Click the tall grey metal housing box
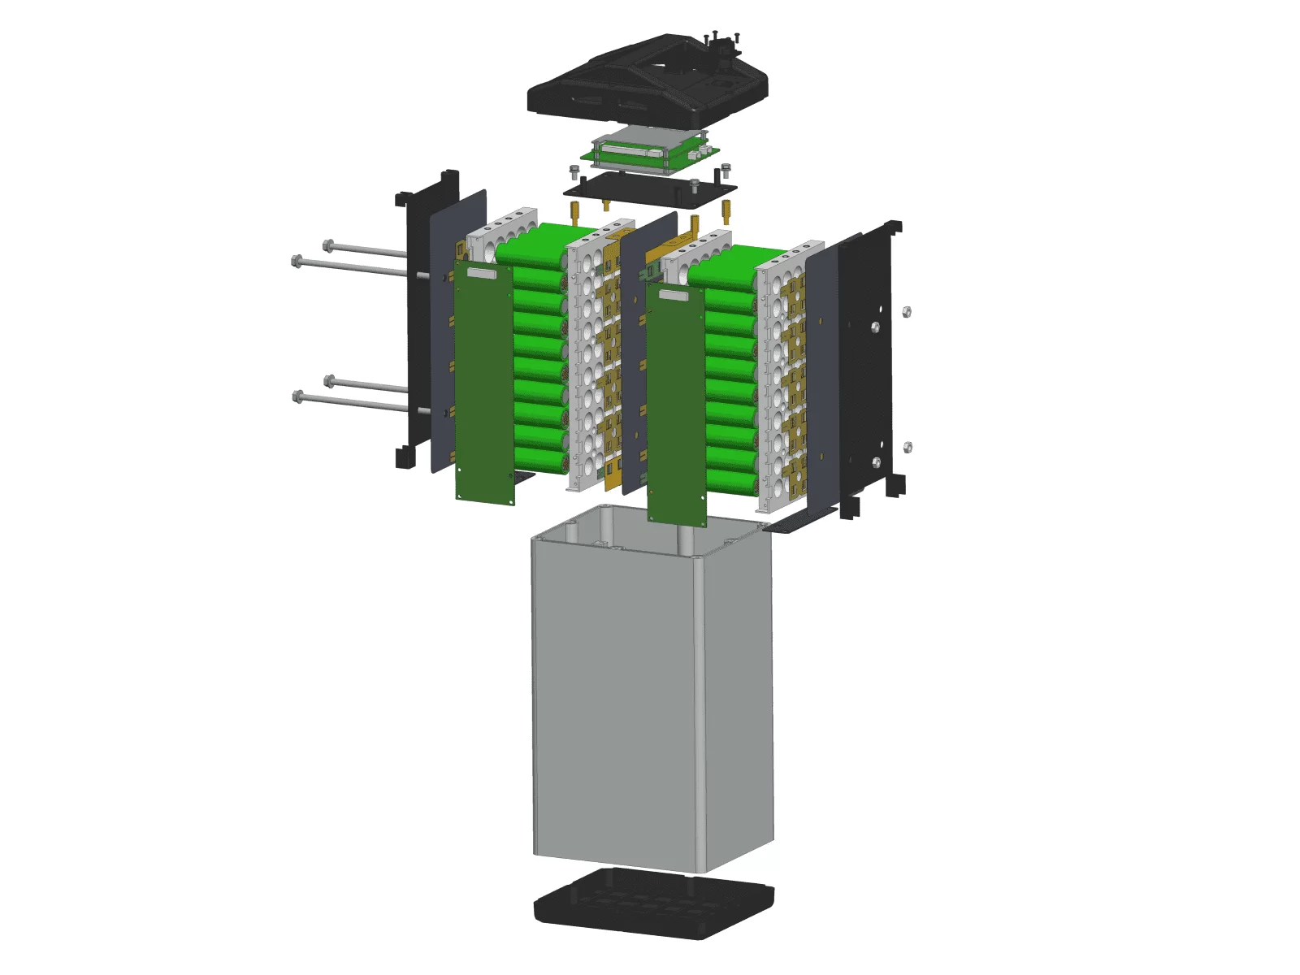tap(650, 699)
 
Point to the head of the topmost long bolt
tap(328, 245)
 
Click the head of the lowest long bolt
tap(297, 396)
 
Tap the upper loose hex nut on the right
tap(907, 311)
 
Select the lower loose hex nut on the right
tap(908, 447)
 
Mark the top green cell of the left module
tap(536, 244)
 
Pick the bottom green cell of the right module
tap(731, 481)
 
